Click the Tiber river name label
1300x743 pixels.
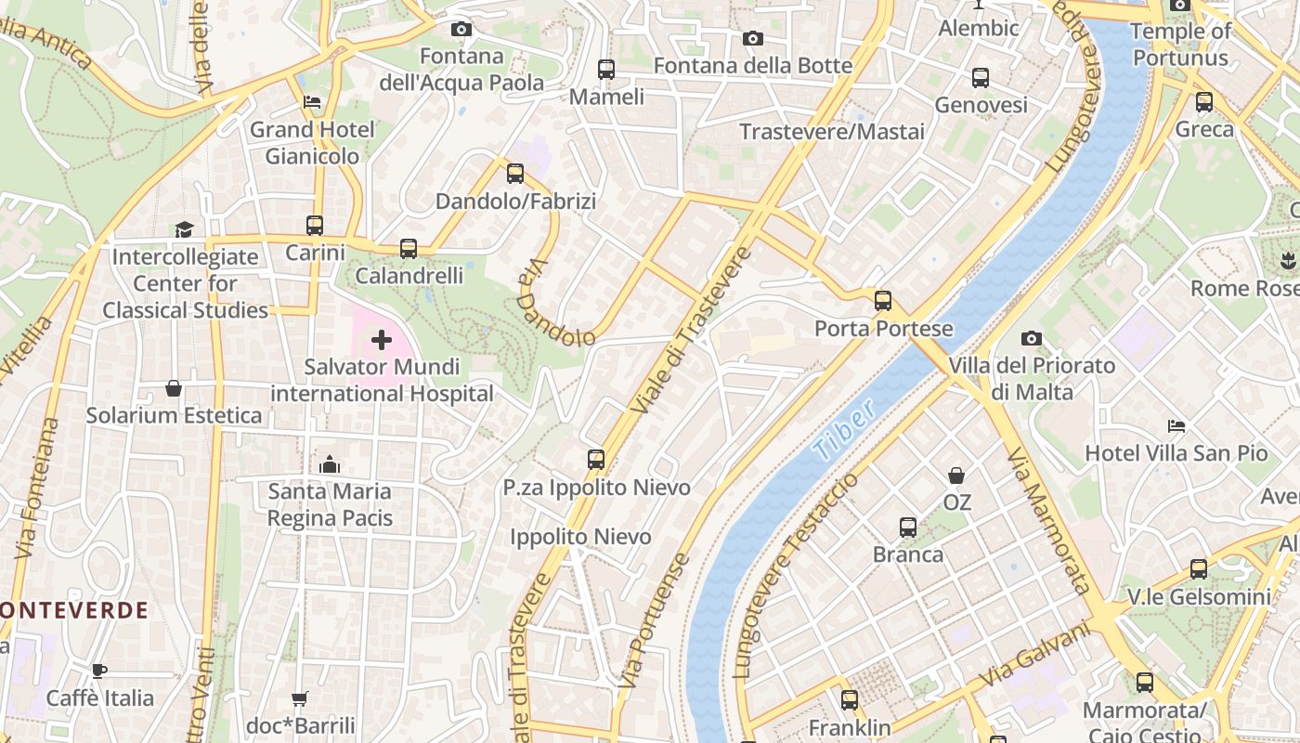coord(843,430)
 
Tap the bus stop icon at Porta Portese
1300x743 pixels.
coord(882,301)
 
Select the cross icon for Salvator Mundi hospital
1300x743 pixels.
coord(382,340)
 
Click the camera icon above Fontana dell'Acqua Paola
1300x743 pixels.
coord(461,29)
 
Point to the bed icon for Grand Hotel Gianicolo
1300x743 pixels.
coord(312,102)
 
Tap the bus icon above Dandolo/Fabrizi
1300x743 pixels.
coord(515,174)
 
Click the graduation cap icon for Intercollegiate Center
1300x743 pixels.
coord(184,229)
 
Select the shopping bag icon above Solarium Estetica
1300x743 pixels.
coord(173,388)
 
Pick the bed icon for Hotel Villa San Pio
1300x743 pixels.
coord(1176,426)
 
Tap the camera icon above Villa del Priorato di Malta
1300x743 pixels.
coord(1032,338)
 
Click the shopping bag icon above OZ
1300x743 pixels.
coord(956,476)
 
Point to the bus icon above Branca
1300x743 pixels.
coord(908,528)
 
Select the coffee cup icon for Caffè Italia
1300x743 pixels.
coord(99,671)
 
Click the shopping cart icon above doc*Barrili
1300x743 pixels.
coord(299,697)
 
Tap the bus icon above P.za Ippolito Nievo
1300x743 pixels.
coord(596,460)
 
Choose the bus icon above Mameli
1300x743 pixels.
coord(606,70)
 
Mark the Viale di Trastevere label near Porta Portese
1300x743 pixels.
coord(689,331)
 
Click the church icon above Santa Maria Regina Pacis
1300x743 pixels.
coord(330,464)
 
